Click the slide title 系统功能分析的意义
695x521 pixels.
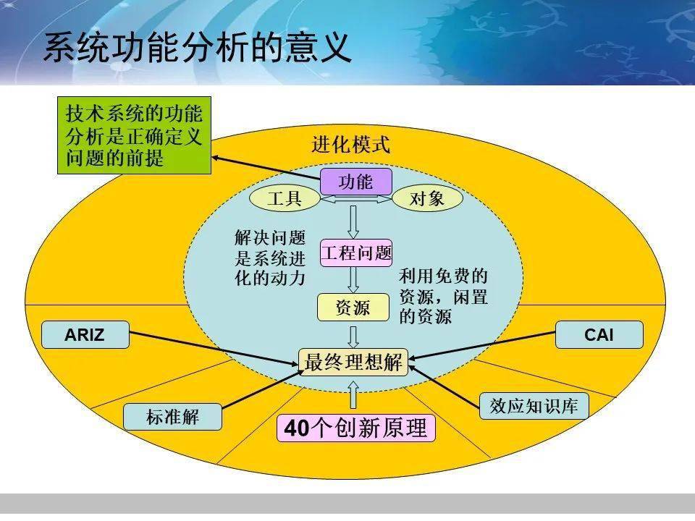197,48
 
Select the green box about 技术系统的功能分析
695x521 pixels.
134,136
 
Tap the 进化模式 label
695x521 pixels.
351,145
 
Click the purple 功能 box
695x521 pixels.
355,182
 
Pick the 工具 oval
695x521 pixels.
285,199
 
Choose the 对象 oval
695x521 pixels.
427,199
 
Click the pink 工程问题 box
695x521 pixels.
355,253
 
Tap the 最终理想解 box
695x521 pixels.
353,362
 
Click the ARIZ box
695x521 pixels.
85,335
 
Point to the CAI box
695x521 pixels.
599,335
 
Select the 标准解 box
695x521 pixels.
172,417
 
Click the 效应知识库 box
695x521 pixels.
534,406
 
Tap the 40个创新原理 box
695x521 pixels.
356,428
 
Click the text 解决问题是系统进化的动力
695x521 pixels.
270,258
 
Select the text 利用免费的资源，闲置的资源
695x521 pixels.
443,296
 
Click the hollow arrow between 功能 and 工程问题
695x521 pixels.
353,222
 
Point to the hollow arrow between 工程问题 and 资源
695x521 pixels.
353,279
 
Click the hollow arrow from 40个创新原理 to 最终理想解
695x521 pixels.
353,396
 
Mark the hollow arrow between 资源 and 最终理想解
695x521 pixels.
353,335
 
